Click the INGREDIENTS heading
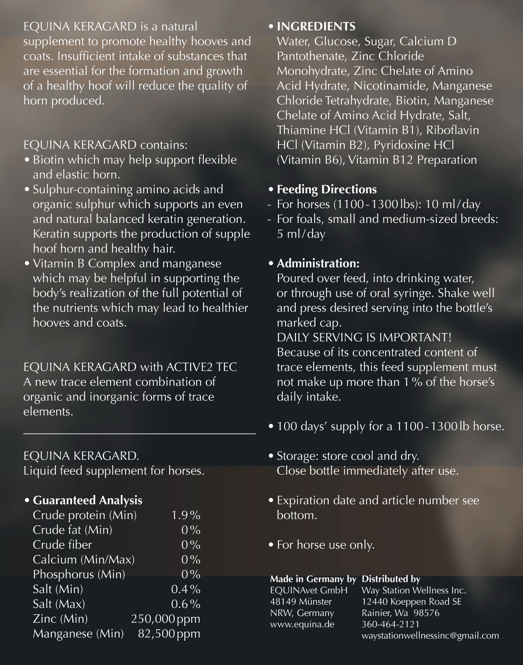click(x=316, y=27)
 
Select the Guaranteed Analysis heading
click(x=87, y=500)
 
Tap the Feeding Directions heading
click(x=326, y=189)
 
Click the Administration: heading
click(x=318, y=263)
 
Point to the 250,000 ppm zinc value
click(x=165, y=619)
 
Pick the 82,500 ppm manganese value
click(x=169, y=633)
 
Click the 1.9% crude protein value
click(x=186, y=515)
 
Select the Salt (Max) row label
click(x=59, y=604)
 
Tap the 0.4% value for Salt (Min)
click(x=186, y=589)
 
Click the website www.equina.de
click(x=302, y=624)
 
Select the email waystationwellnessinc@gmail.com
click(x=430, y=635)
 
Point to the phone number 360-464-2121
click(x=390, y=624)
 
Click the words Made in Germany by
click(x=313, y=579)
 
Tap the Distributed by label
click(x=391, y=579)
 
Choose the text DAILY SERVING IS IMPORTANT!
click(x=364, y=338)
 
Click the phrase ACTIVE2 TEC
click(x=202, y=367)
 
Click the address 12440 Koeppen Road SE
click(x=412, y=602)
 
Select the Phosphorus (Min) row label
click(x=79, y=574)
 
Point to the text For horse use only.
click(x=325, y=545)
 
